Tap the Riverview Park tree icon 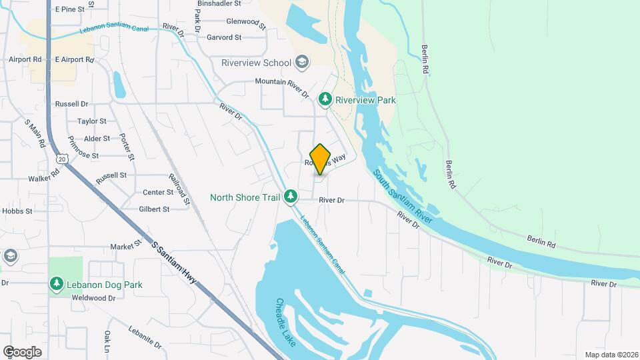click(x=325, y=99)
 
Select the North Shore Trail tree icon click(x=290, y=196)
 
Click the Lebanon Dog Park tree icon click(x=57, y=284)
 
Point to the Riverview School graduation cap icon click(x=302, y=63)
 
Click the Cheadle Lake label click(x=283, y=317)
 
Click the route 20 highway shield click(x=62, y=159)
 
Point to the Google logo click(x=22, y=351)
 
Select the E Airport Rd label click(x=74, y=59)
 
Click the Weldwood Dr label click(x=93, y=297)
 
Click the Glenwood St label click(x=245, y=22)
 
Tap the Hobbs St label click(x=17, y=211)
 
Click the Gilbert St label click(x=154, y=209)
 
